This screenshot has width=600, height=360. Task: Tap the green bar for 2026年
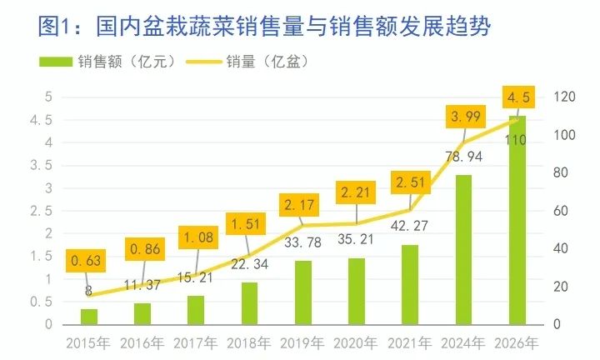point(517,221)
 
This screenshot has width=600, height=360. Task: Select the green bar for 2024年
point(463,250)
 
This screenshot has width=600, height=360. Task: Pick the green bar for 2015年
point(89,317)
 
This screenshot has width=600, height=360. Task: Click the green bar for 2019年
point(302,292)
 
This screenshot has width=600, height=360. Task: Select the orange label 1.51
point(247,225)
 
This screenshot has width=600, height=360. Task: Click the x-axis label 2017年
point(197,342)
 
